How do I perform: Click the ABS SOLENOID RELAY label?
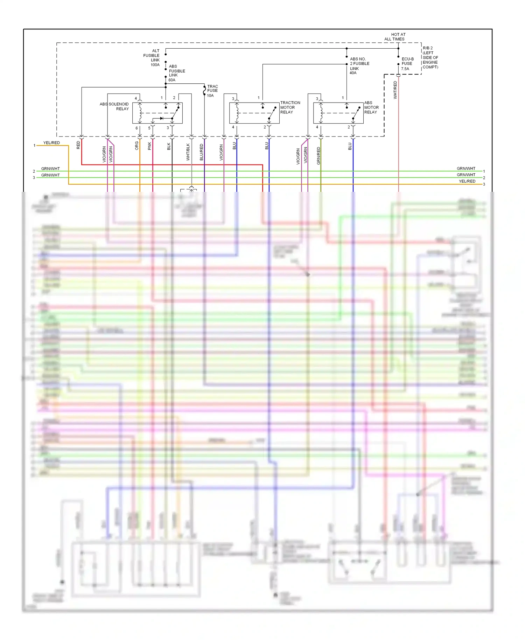point(114,106)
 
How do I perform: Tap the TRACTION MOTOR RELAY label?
point(290,107)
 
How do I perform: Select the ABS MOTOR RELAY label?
point(371,107)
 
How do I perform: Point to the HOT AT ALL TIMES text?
point(394,37)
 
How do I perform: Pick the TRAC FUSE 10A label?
point(212,91)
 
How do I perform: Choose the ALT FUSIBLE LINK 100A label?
point(152,58)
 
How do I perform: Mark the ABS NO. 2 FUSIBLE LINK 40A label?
point(359,66)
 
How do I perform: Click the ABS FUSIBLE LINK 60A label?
point(176,73)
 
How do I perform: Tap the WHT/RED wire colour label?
point(395,90)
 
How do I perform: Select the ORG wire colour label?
point(136,146)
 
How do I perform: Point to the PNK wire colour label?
point(149,146)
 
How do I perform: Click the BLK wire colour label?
point(169,146)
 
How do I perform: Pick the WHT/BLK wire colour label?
point(188,152)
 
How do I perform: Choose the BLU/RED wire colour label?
point(201,152)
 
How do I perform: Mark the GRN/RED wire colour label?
point(318,156)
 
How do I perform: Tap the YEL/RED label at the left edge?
point(51,143)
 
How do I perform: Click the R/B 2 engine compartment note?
point(430,57)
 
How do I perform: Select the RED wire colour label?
point(78,145)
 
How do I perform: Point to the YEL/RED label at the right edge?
point(467,181)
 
